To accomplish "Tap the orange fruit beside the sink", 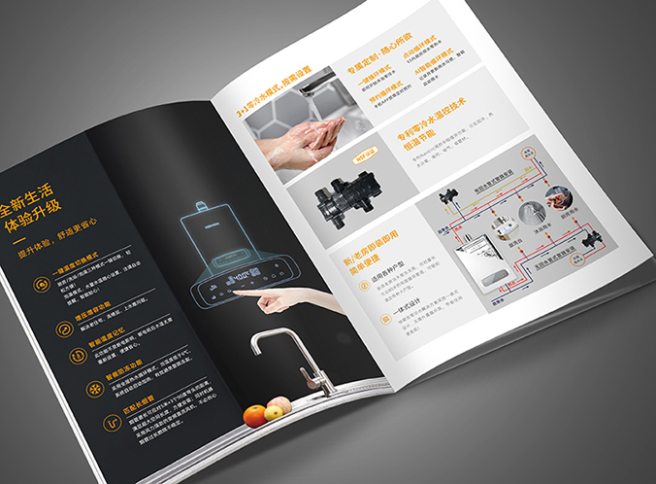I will (255, 415).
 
